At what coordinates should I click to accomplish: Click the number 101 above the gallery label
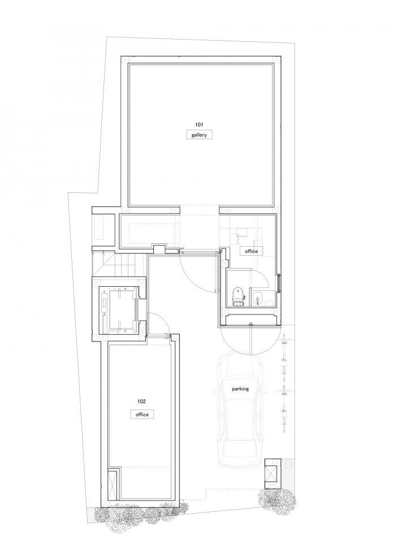[200, 124]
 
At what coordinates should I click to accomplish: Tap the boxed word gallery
[199, 135]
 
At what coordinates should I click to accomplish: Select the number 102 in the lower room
[141, 401]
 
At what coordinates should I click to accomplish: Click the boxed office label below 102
[141, 414]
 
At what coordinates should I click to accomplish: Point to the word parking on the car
[240, 389]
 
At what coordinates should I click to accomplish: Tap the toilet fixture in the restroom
[238, 295]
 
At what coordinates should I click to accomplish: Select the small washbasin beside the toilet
[258, 295]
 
